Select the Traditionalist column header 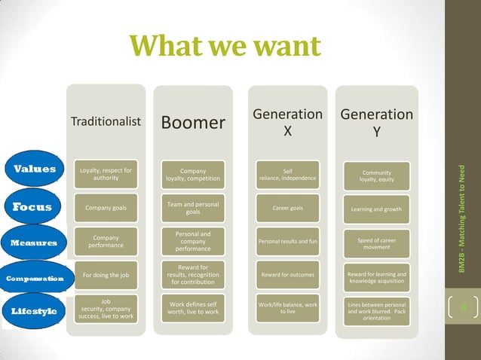[106, 122]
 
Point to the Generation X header [287, 122]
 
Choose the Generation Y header [376, 123]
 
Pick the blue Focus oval [32, 207]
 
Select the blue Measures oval [33, 243]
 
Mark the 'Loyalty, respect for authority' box [106, 175]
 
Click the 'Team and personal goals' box [192, 209]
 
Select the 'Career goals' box [287, 208]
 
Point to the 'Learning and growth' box [376, 209]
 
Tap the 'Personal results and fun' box [287, 242]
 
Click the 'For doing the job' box [106, 275]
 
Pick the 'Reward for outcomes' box [287, 275]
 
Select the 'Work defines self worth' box [192, 308]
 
